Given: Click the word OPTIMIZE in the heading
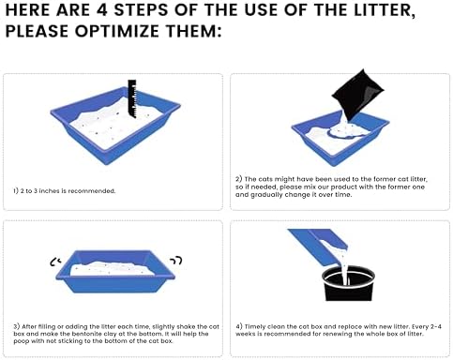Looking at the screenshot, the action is pos(116,31).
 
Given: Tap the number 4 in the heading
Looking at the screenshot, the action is pos(102,10).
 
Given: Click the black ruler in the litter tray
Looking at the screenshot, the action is pos(132,98).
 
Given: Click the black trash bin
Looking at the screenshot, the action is pos(348,284).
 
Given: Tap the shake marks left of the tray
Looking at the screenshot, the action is pos(55,262).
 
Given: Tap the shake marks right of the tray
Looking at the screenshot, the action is pos(176,261).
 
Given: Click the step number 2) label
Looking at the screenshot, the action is pos(239,179).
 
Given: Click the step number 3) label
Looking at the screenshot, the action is pos(17,326).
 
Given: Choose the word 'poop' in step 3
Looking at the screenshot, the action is pos(21,341).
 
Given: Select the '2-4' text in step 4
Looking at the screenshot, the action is pos(436,327).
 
